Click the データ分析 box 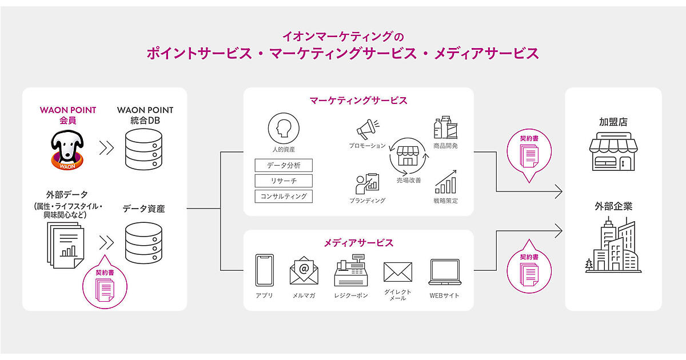(x=283, y=166)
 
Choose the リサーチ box (x=283, y=181)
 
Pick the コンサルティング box (x=283, y=197)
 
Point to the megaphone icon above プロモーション (x=368, y=129)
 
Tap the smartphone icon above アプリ (x=264, y=270)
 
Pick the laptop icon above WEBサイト (x=444, y=271)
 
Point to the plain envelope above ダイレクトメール (x=397, y=272)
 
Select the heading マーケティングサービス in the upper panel (x=358, y=101)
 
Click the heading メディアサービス (x=358, y=243)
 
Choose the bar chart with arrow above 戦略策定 (x=445, y=181)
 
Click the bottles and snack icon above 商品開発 (x=445, y=128)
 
